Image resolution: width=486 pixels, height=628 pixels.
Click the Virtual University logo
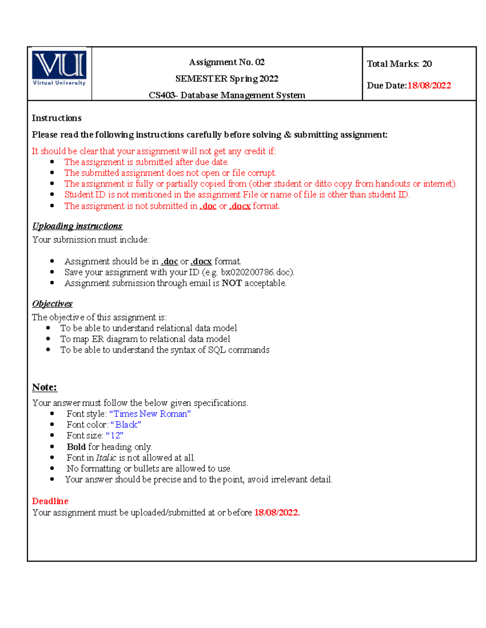[59, 68]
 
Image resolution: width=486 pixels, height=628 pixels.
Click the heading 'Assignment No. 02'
[227, 62]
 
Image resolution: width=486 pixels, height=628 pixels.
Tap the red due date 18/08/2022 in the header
[429, 85]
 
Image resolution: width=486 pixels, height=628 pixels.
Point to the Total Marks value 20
[427, 63]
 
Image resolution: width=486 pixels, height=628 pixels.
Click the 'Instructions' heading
[57, 118]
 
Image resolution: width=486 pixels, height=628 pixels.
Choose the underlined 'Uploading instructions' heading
[77, 226]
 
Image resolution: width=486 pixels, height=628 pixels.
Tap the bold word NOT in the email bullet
[232, 283]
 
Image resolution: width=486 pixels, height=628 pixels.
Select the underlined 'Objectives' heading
[52, 304]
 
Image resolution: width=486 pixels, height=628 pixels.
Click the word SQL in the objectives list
[217, 350]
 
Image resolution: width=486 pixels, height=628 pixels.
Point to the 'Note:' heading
[45, 387]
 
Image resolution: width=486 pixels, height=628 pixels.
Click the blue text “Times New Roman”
[150, 414]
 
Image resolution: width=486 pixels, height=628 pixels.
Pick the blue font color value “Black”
[126, 425]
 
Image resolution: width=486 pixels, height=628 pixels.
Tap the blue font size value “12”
[115, 436]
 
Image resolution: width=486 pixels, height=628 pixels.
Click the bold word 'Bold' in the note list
[76, 447]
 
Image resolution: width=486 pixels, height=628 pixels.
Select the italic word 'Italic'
[106, 458]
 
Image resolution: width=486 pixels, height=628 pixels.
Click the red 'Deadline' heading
[50, 501]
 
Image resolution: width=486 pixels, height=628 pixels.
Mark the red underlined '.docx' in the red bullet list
[240, 206]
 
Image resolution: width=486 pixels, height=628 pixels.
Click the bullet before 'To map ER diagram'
[48, 339]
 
